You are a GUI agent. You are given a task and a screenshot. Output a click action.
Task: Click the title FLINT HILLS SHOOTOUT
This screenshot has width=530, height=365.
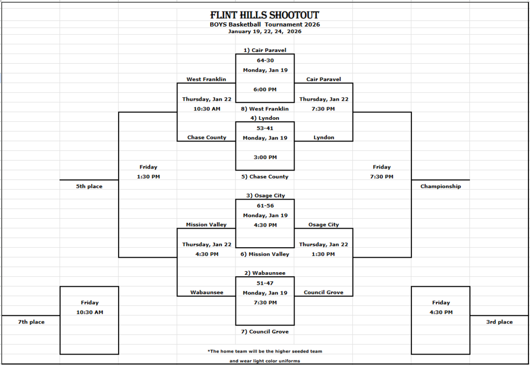coord(264,15)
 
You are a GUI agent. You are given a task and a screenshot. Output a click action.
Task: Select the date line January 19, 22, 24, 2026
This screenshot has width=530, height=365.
coord(264,31)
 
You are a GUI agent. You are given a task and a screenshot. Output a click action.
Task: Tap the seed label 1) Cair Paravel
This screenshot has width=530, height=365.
coord(264,50)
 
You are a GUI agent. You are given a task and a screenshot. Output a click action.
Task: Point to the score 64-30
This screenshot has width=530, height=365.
coord(265,60)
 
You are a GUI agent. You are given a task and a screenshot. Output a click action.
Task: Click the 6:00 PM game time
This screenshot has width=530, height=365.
coord(265,89)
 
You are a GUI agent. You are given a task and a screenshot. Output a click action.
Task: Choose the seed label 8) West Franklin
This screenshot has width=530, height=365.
coord(265,109)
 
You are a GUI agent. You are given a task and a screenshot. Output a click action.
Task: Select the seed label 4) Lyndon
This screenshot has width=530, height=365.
coord(265,118)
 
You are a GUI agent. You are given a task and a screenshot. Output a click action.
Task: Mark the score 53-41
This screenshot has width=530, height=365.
coord(265,128)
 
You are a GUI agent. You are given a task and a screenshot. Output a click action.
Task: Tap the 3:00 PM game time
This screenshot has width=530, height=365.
coord(265,157)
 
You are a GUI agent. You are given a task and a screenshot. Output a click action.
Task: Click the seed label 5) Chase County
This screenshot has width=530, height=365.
coord(265,177)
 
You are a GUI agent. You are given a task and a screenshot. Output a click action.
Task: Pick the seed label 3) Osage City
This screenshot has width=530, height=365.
coord(265,196)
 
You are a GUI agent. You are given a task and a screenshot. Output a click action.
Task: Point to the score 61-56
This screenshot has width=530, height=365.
coord(265,206)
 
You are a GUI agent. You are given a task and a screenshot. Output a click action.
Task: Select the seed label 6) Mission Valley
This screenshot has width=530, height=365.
coord(265,255)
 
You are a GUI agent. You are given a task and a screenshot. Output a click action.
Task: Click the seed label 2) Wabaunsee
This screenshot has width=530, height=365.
coord(265,273)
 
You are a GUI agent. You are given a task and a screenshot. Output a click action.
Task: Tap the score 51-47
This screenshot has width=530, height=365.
coord(265,283)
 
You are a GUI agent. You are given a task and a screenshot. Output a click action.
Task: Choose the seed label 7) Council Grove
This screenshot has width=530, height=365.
coord(265,332)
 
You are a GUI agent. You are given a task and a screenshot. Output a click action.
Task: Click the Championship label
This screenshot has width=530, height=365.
coord(440,187)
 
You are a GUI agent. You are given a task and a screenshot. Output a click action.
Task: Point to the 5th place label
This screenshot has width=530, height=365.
coord(89,187)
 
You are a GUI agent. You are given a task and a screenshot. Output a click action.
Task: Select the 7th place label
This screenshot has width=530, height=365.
coord(31,322)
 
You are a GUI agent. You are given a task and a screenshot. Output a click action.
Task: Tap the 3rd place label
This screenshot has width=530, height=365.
coord(499,322)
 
